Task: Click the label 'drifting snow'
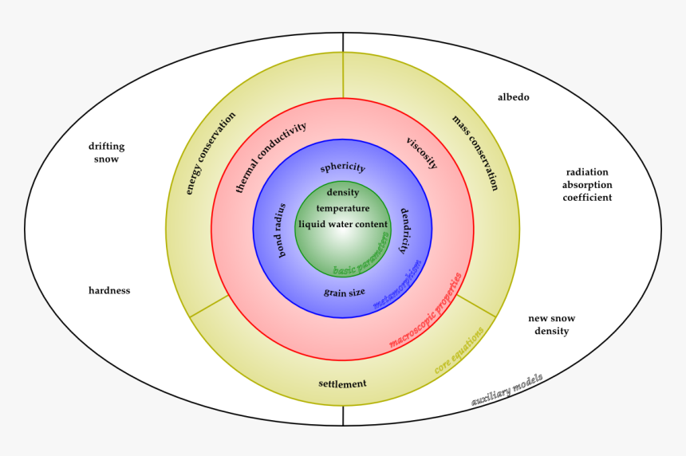[106, 152]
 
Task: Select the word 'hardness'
[109, 290]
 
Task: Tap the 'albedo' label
[513, 97]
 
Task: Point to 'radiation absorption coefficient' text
[587, 184]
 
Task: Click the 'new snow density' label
[551, 324]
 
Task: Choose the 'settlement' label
[342, 383]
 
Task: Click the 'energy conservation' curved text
[211, 153]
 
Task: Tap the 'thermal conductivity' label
[270, 157]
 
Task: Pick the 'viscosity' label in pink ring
[422, 153]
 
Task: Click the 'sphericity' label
[342, 167]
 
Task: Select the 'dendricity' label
[405, 230]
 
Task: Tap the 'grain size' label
[345, 293]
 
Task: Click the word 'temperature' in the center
[343, 208]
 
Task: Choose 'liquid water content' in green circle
[343, 224]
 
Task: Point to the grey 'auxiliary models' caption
[507, 391]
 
